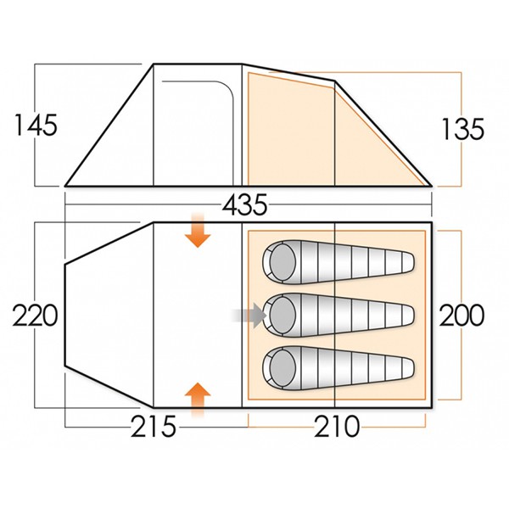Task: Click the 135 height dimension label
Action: [462, 128]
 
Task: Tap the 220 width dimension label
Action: [34, 316]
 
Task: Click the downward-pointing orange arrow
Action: [198, 232]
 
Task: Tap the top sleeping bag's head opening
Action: [277, 261]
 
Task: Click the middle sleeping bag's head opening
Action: [277, 315]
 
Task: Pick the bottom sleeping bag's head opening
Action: [277, 367]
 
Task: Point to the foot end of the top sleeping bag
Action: [411, 262]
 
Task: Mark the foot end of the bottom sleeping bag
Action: [411, 368]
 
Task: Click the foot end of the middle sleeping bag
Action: [411, 316]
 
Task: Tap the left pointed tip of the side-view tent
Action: [68, 183]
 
